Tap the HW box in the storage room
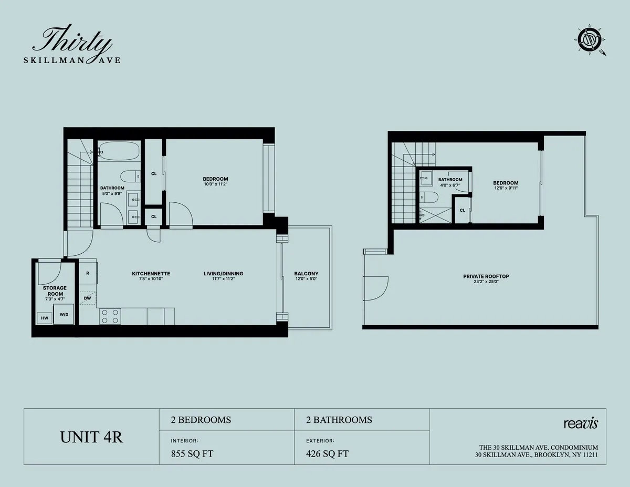(x=44, y=318)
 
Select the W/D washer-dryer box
(x=64, y=314)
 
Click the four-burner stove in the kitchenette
(x=110, y=316)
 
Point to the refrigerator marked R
(x=87, y=274)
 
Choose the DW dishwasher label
(x=87, y=298)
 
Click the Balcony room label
(x=306, y=274)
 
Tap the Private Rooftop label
(x=486, y=276)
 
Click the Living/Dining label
(x=223, y=274)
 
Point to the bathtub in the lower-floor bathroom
(x=119, y=152)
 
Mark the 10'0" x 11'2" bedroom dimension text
(x=215, y=184)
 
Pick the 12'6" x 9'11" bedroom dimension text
(x=505, y=188)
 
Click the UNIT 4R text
(x=92, y=437)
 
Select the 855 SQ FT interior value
(x=192, y=454)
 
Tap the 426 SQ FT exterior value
(x=328, y=454)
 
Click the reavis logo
(x=581, y=423)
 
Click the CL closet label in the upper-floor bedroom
(x=463, y=210)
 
